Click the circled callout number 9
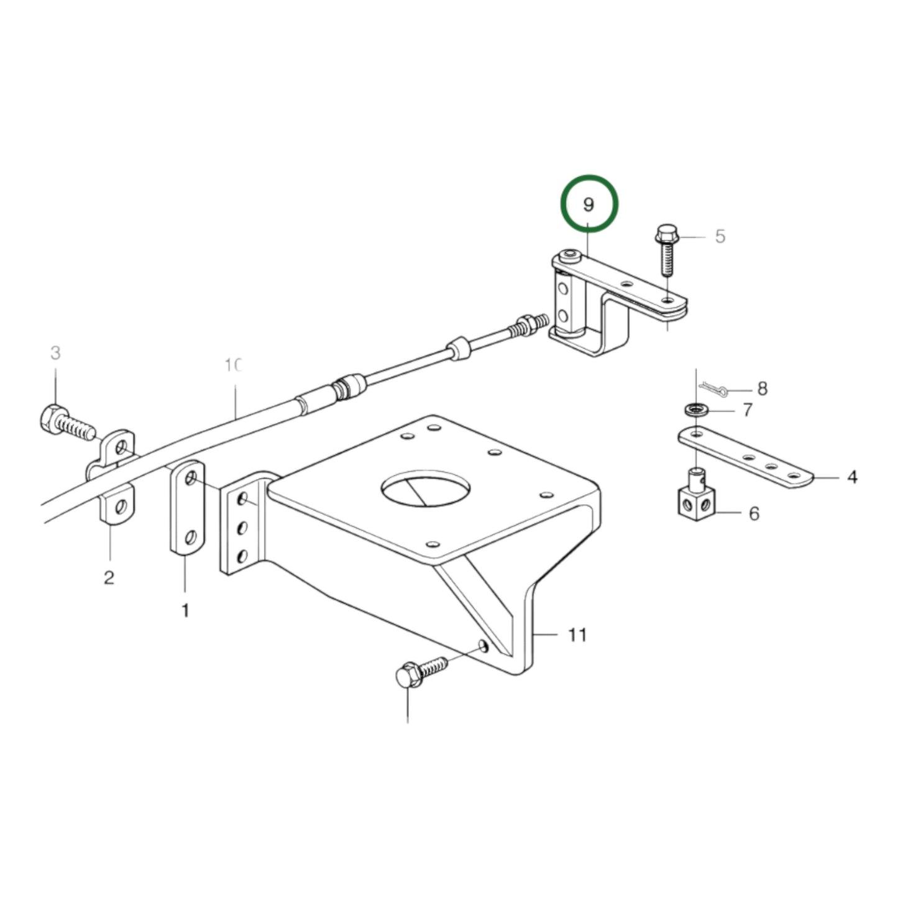589,204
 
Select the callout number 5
720,236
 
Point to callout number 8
762,389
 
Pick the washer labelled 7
697,410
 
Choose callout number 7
747,410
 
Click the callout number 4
852,477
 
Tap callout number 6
754,513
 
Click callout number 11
577,635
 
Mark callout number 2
109,577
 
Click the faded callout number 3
55,353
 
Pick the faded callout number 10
232,365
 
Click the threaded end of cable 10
534,324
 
